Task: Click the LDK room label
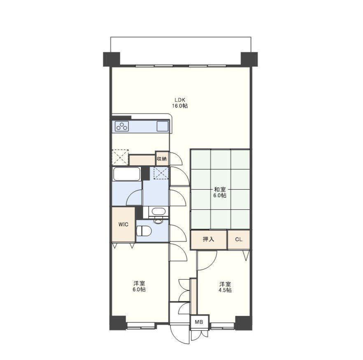tap(179, 100)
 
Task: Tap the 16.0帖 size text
tap(179, 106)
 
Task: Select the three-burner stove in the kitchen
tap(122, 126)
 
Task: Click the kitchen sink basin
tap(163, 126)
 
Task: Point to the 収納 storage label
tap(162, 159)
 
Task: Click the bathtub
tap(127, 174)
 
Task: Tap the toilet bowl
tap(144, 231)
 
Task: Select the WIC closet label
tap(123, 224)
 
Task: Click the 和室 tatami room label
tap(220, 190)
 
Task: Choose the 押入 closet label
tap(208, 239)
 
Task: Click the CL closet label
tap(239, 239)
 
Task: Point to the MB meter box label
tap(199, 322)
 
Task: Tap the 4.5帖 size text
tap(225, 290)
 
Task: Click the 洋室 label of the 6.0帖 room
tap(139, 283)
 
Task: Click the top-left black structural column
tap(112, 59)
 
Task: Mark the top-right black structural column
tap(249, 59)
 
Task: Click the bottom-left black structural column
tap(118, 323)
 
